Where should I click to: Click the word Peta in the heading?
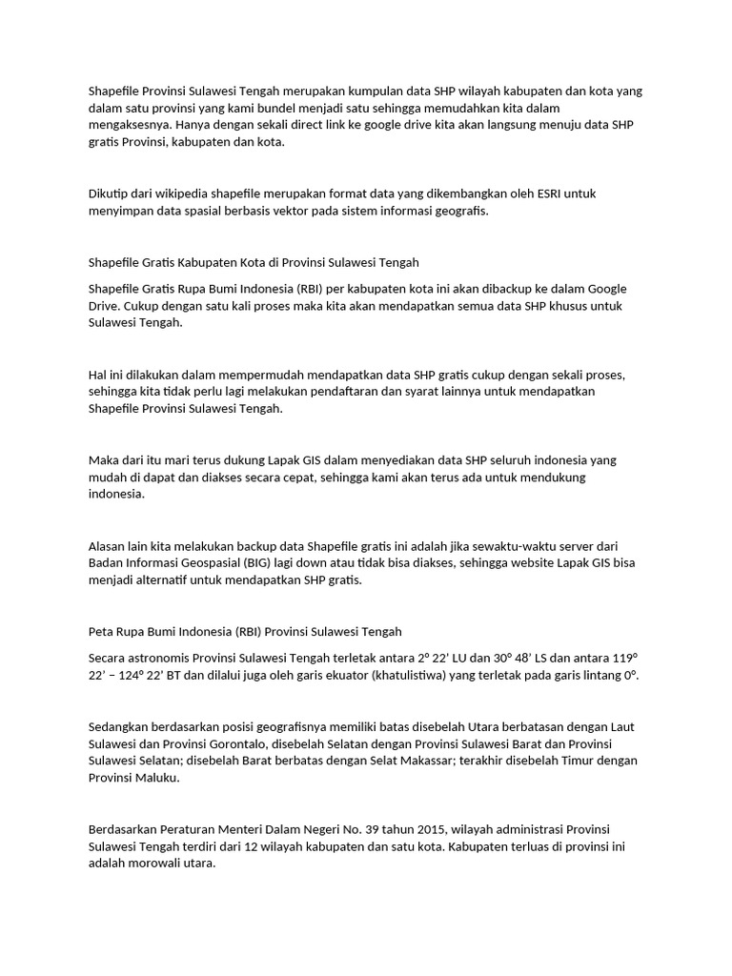100,631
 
